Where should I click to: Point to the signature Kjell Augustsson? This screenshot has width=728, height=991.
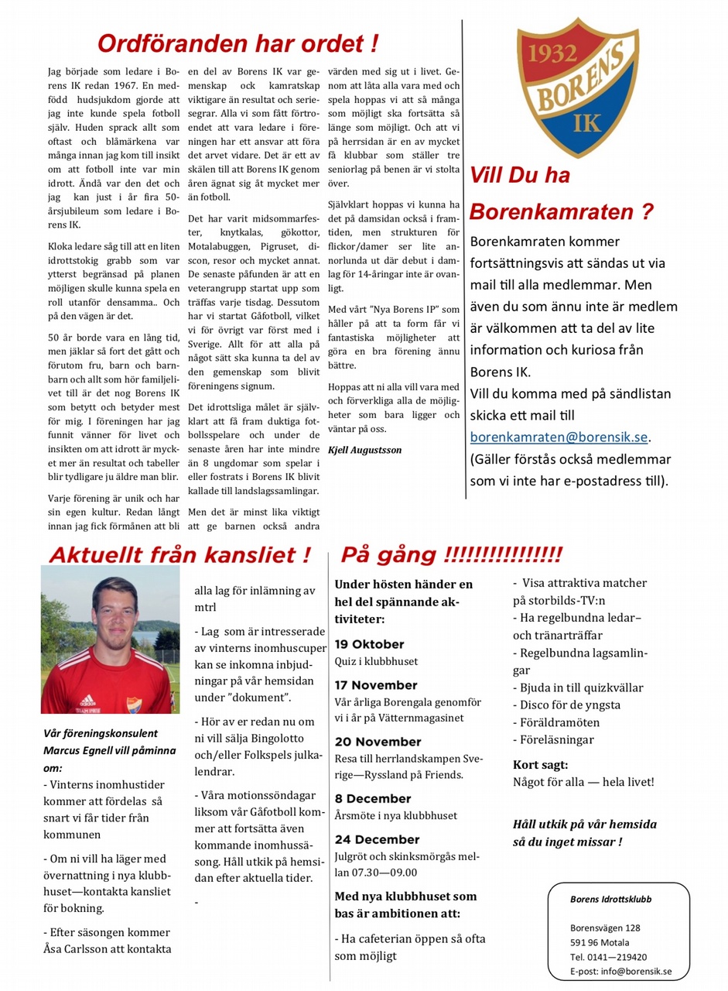(365, 449)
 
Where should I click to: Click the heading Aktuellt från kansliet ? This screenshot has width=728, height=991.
(179, 554)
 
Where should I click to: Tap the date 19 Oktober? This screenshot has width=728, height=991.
(369, 644)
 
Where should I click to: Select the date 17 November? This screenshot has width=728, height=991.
(376, 685)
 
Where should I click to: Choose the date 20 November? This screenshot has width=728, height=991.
(378, 742)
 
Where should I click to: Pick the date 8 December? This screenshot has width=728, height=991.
(373, 798)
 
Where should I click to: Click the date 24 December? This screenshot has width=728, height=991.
(377, 839)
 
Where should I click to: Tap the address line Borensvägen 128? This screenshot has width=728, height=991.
(605, 928)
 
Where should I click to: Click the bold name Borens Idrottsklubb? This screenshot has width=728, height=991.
(610, 899)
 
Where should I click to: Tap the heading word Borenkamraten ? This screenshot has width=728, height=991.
(562, 211)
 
